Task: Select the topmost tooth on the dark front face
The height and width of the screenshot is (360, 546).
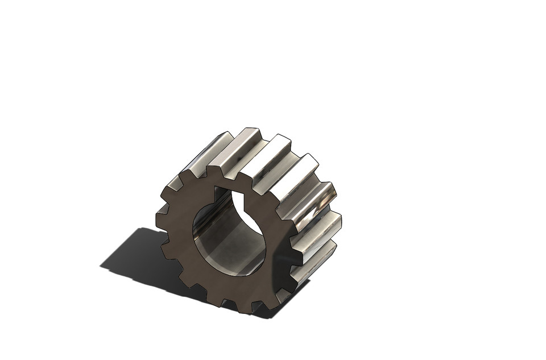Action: point(215,172)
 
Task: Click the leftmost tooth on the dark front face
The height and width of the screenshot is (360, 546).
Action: point(162,218)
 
